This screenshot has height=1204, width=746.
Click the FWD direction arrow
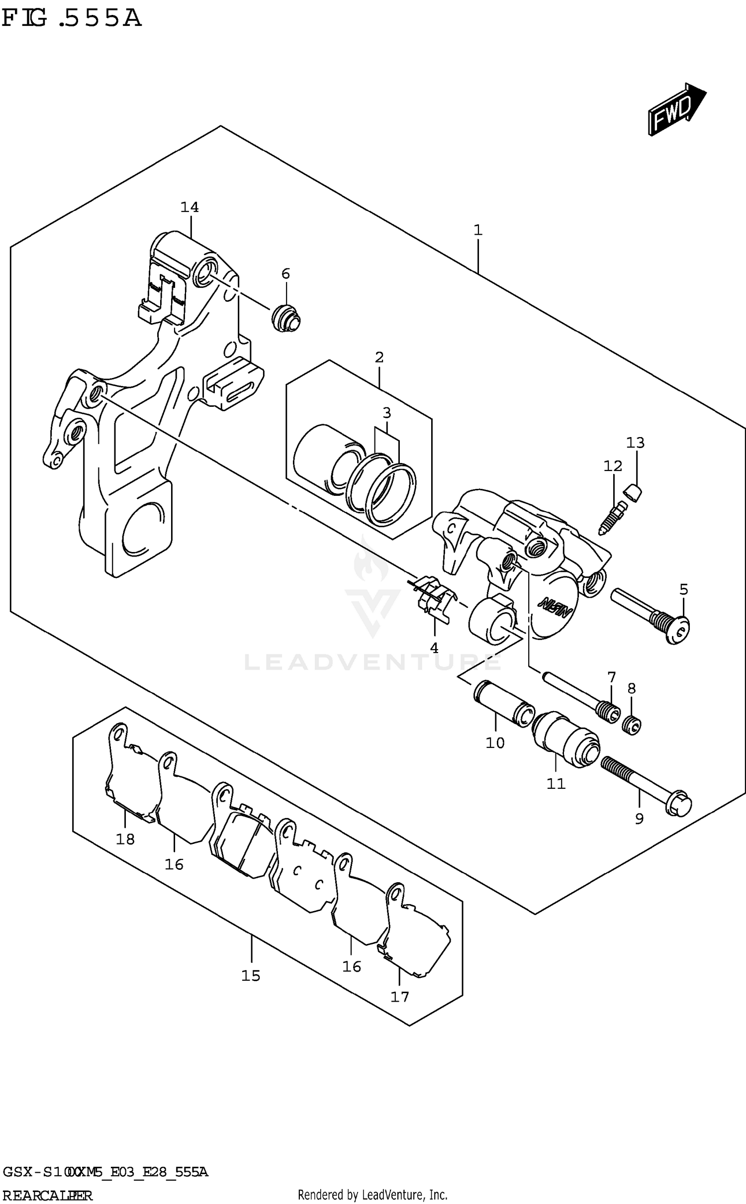(x=676, y=110)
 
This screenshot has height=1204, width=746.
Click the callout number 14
(x=189, y=207)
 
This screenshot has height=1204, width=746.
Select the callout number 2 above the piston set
(x=379, y=357)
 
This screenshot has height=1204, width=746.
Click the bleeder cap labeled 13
(x=633, y=493)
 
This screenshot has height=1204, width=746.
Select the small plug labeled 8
(x=632, y=726)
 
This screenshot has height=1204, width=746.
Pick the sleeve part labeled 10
(x=503, y=703)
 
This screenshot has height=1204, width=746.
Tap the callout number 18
(x=125, y=839)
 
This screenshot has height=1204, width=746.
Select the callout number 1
(x=478, y=230)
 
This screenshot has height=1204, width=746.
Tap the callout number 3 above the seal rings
(x=387, y=413)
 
